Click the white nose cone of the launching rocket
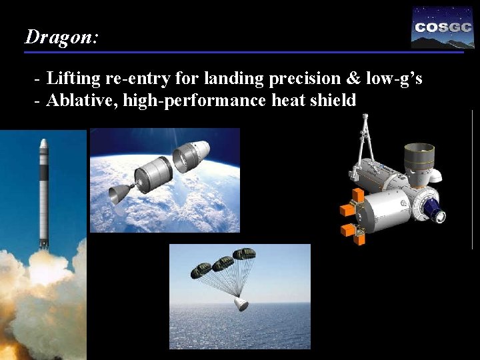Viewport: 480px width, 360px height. click(43, 144)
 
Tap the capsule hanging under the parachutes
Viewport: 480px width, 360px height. click(241, 304)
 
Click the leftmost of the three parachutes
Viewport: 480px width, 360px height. click(201, 270)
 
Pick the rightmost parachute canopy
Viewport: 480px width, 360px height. click(244, 254)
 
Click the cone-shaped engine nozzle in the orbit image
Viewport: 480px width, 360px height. click(118, 194)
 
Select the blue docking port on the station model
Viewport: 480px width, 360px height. click(436, 214)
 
